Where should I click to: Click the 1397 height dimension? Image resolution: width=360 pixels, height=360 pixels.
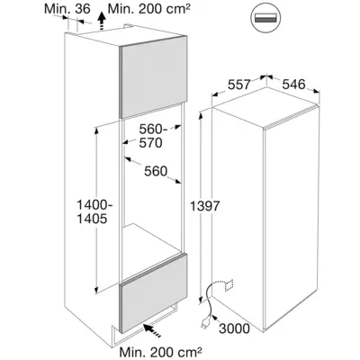pyautogui.click(x=205, y=206)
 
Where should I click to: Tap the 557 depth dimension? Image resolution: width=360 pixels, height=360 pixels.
pyautogui.click(x=238, y=85)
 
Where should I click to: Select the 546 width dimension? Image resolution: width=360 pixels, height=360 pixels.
pyautogui.click(x=293, y=85)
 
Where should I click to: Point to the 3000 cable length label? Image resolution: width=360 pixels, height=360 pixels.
pyautogui.click(x=234, y=328)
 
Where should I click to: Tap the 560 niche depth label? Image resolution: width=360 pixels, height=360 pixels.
pyautogui.click(x=156, y=171)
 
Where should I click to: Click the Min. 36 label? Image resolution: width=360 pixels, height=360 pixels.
pyautogui.click(x=67, y=9)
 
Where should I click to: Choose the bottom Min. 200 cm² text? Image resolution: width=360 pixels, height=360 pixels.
pyautogui.click(x=160, y=351)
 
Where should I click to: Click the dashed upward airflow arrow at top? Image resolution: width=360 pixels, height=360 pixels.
pyautogui.click(x=103, y=21)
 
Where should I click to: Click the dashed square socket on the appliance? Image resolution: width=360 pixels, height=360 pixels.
pyautogui.click(x=229, y=285)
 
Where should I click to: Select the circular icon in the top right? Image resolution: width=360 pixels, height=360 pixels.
pyautogui.click(x=265, y=18)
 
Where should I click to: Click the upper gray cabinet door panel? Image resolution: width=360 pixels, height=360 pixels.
pyautogui.click(x=153, y=76)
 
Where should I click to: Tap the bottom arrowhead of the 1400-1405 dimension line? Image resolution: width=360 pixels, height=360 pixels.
pyautogui.click(x=96, y=289)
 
